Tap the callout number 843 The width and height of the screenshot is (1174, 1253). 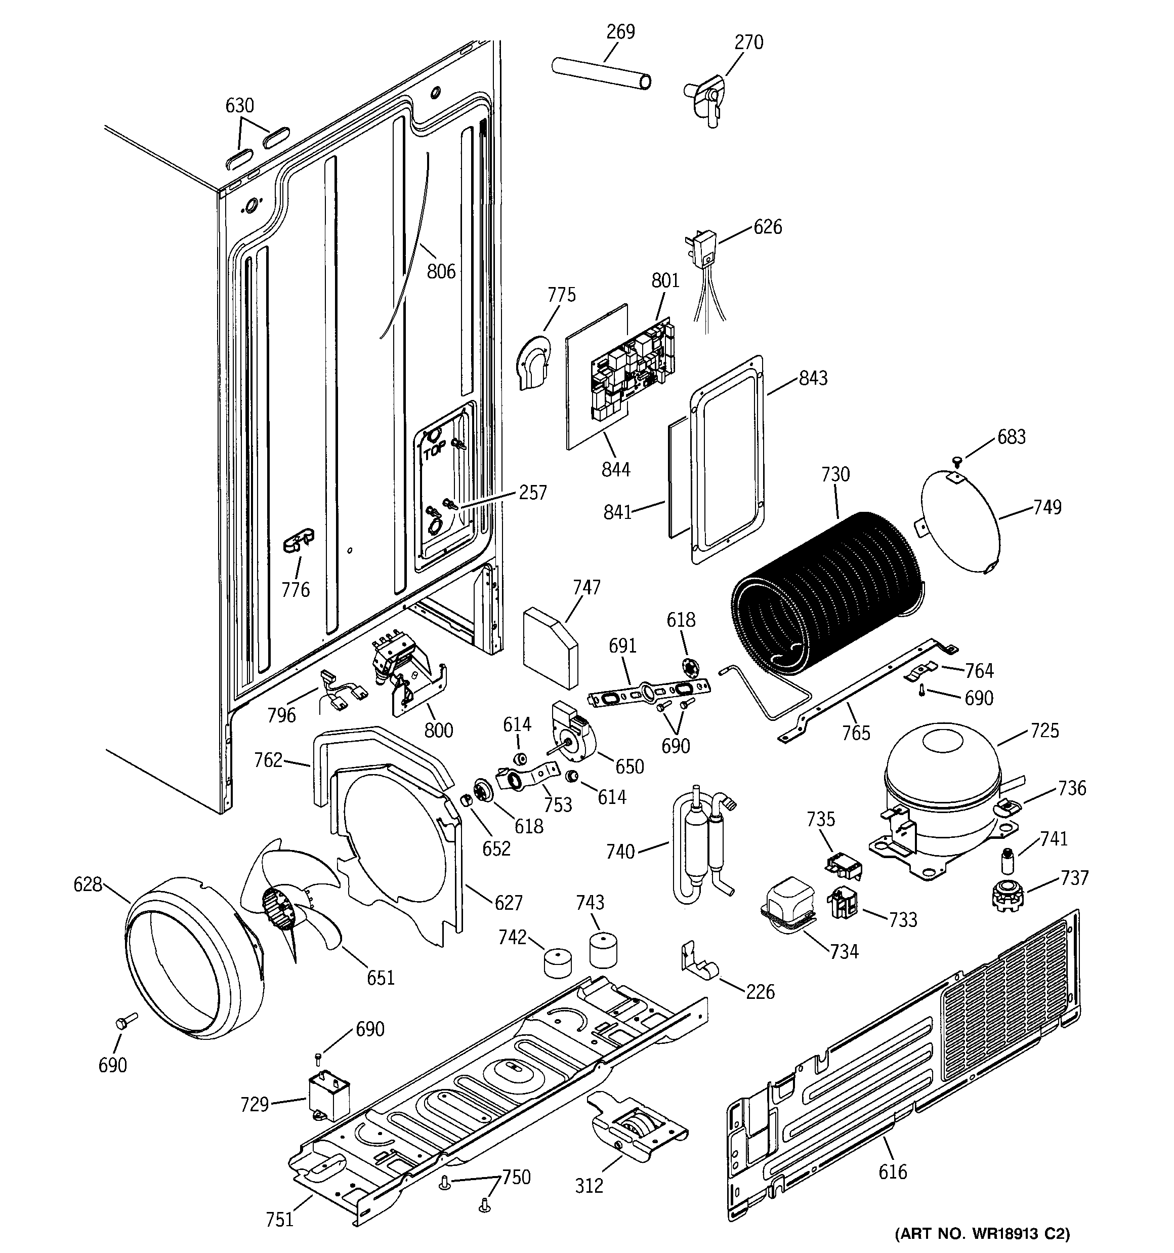tap(813, 378)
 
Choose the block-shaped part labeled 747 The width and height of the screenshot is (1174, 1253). tap(550, 646)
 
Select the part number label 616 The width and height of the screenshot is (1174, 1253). tap(892, 1171)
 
